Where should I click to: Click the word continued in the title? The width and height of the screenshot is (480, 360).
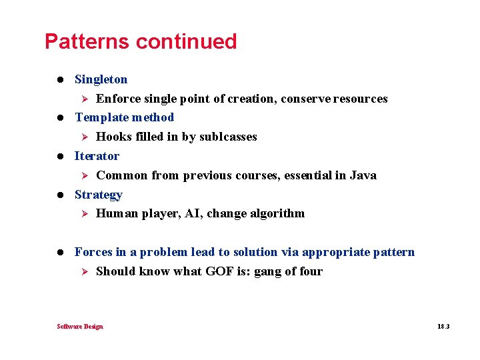(x=186, y=41)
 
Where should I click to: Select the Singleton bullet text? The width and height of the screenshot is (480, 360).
(x=101, y=79)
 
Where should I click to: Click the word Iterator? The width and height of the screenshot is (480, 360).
(x=97, y=156)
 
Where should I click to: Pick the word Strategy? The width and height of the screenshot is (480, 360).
(x=98, y=195)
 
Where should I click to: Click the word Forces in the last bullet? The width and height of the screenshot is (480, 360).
(x=93, y=252)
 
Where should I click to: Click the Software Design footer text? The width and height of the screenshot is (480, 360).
(x=80, y=326)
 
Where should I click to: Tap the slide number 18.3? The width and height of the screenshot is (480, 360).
(x=443, y=326)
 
